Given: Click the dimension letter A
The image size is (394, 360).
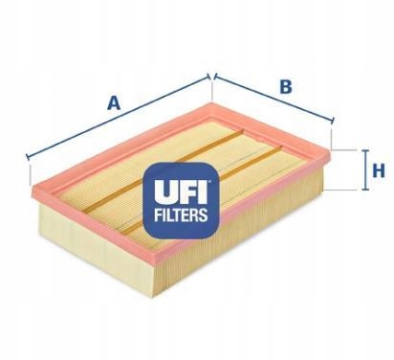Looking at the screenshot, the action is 114,102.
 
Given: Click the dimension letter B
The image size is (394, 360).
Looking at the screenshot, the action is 286,86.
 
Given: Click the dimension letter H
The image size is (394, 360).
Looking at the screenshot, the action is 379,170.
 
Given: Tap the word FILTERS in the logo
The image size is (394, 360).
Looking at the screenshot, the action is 181,214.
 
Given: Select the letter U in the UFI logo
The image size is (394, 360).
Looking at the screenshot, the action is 164,193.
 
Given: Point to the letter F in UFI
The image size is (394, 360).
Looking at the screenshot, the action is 186,193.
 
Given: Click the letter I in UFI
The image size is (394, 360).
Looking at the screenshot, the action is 203,193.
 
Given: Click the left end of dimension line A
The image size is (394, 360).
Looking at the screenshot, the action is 28,157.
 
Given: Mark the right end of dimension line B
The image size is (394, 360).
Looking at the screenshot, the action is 333,121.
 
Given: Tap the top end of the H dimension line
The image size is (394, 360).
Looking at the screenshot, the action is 364,150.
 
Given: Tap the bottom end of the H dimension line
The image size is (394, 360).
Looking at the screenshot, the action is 364,190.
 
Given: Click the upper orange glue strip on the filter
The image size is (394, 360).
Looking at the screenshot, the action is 163,170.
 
